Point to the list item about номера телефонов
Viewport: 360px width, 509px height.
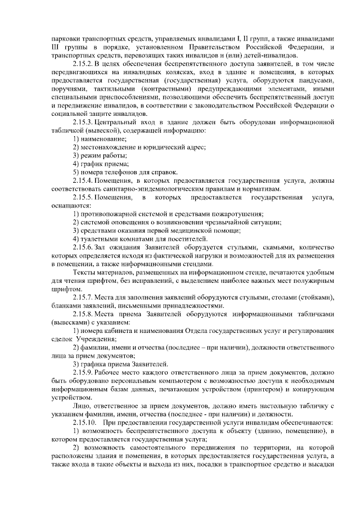click(125, 172)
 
